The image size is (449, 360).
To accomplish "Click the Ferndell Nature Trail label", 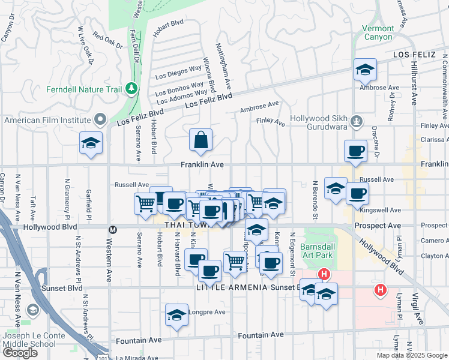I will click(x=84, y=90).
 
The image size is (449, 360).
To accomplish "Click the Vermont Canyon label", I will click(x=378, y=32).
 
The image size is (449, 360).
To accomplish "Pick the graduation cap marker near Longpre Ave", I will click(x=176, y=315).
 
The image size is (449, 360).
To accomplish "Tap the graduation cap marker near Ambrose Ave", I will click(x=364, y=70).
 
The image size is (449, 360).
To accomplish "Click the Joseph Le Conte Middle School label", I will click(x=28, y=340).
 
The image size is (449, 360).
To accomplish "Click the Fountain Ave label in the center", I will click(x=261, y=335).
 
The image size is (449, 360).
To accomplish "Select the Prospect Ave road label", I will click(x=386, y=226).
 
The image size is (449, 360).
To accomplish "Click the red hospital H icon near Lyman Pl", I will click(x=380, y=290).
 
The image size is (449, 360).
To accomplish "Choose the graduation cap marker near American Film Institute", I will click(x=91, y=143).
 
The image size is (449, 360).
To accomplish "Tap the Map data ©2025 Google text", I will click(x=411, y=355).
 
